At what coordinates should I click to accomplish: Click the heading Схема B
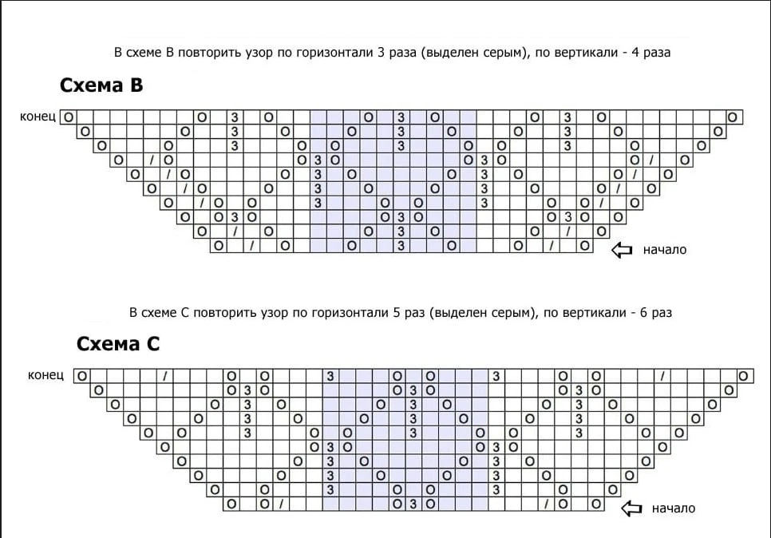point(101,85)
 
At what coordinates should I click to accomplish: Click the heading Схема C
point(118,344)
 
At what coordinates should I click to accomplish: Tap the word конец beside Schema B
point(38,117)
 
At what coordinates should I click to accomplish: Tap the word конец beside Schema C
point(45,375)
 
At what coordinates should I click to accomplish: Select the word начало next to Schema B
point(664,250)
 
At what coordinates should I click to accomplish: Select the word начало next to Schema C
point(673,508)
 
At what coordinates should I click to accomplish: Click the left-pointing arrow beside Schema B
point(622,250)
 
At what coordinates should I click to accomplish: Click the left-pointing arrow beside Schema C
point(631,508)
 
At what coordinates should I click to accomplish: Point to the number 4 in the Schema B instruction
point(635,52)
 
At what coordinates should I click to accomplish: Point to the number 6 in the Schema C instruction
point(643,312)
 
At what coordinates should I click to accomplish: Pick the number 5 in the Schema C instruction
point(397,312)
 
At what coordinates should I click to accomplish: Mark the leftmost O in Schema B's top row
point(69,117)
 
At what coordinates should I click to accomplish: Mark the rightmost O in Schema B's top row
point(733,117)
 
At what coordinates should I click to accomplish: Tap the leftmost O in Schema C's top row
point(82,376)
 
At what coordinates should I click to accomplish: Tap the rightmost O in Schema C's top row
point(744,376)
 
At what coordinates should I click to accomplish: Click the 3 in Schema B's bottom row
point(401,245)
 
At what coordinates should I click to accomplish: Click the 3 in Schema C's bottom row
point(413,504)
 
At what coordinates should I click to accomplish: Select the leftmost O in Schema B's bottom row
point(219,245)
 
